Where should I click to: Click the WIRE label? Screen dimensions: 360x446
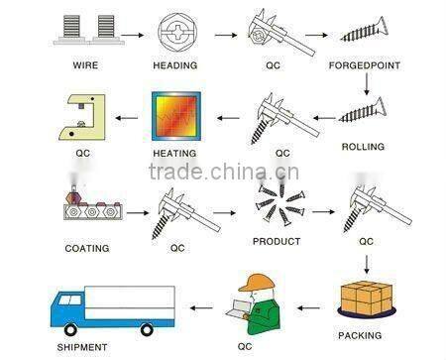pos(86,66)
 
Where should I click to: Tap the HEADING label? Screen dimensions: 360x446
pos(173,66)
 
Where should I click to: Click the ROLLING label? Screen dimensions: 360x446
pos(363,147)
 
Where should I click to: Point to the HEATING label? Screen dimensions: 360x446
pos(173,154)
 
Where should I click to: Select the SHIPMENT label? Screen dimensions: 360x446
pos(83,347)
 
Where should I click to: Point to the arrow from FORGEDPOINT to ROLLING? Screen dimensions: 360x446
pos(366,87)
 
